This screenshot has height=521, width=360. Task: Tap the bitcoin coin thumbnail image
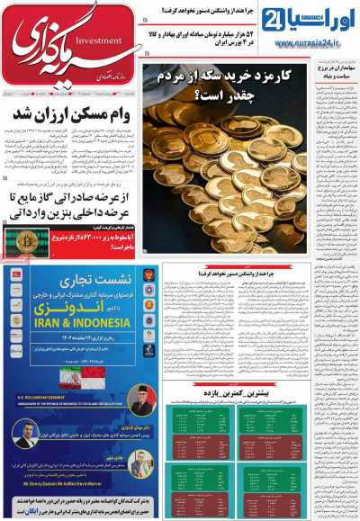point(26,239)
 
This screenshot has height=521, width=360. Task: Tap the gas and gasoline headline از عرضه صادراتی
point(67,202)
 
